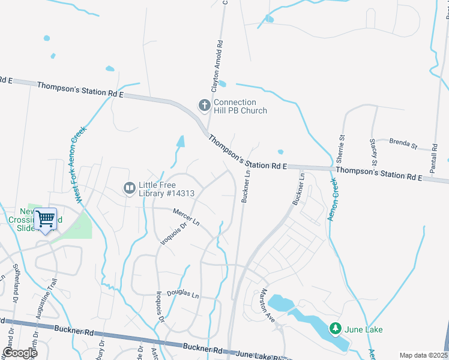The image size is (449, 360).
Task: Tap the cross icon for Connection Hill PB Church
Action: (204, 106)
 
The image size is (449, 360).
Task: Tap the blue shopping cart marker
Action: (46, 219)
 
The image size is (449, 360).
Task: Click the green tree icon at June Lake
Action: (334, 329)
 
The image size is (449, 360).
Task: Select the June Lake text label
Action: (363, 329)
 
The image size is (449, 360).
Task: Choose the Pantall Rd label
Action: (433, 156)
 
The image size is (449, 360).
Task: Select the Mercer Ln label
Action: (185, 216)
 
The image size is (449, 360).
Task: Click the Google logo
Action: (19, 352)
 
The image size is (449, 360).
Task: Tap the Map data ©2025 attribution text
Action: (423, 355)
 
